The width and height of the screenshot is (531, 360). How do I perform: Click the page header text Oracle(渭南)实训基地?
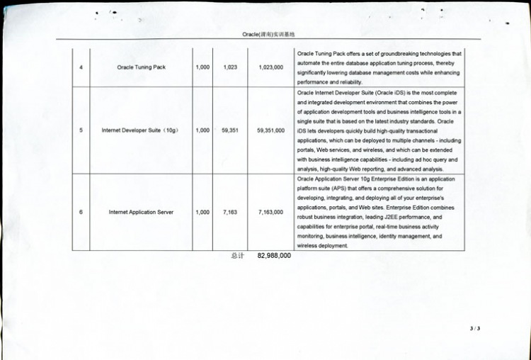click(x=268, y=33)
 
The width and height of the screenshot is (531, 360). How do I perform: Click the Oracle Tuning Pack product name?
click(x=140, y=67)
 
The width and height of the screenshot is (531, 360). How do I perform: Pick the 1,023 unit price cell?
click(x=229, y=67)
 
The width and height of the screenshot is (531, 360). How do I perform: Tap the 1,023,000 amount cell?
click(x=270, y=67)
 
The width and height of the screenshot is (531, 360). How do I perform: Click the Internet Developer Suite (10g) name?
click(x=140, y=130)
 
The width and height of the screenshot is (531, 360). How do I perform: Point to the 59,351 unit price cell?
click(x=229, y=130)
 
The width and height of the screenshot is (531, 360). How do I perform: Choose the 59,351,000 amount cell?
click(x=270, y=130)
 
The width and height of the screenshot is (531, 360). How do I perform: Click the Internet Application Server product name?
click(x=141, y=212)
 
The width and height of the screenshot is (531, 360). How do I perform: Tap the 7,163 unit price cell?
click(x=229, y=212)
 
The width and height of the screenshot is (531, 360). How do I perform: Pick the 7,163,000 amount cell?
click(x=270, y=212)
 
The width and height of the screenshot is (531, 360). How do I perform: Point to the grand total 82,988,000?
click(x=274, y=256)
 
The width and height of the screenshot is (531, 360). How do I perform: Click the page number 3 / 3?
click(x=474, y=328)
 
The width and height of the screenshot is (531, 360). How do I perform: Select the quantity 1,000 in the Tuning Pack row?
click(x=202, y=67)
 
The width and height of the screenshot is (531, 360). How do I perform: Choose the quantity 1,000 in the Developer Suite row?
click(x=202, y=130)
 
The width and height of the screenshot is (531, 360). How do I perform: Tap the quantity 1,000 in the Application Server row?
click(x=202, y=212)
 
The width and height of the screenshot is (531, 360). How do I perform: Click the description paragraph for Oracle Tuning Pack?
click(x=379, y=67)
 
